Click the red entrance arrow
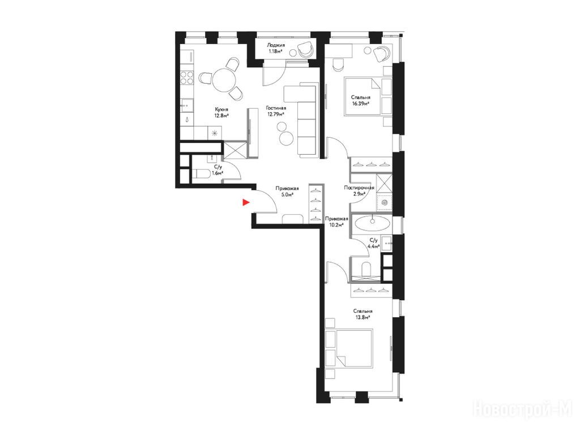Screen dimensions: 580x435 (x=246, y=202)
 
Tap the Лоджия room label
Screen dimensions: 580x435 (x=276, y=45)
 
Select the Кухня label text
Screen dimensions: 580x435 (x=221, y=109)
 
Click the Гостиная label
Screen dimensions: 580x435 (x=276, y=108)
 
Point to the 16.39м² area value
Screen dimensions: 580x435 (x=361, y=104)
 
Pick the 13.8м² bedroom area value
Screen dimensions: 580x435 (x=362, y=317)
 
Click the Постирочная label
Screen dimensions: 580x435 (x=359, y=187)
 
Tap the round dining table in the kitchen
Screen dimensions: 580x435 (x=224, y=79)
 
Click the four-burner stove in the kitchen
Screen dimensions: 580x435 (x=187, y=78)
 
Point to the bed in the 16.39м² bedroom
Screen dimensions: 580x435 (x=363, y=96)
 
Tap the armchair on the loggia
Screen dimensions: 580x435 (x=306, y=49)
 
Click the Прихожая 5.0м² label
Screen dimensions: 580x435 (x=287, y=191)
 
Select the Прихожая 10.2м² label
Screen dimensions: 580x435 (x=336, y=221)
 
